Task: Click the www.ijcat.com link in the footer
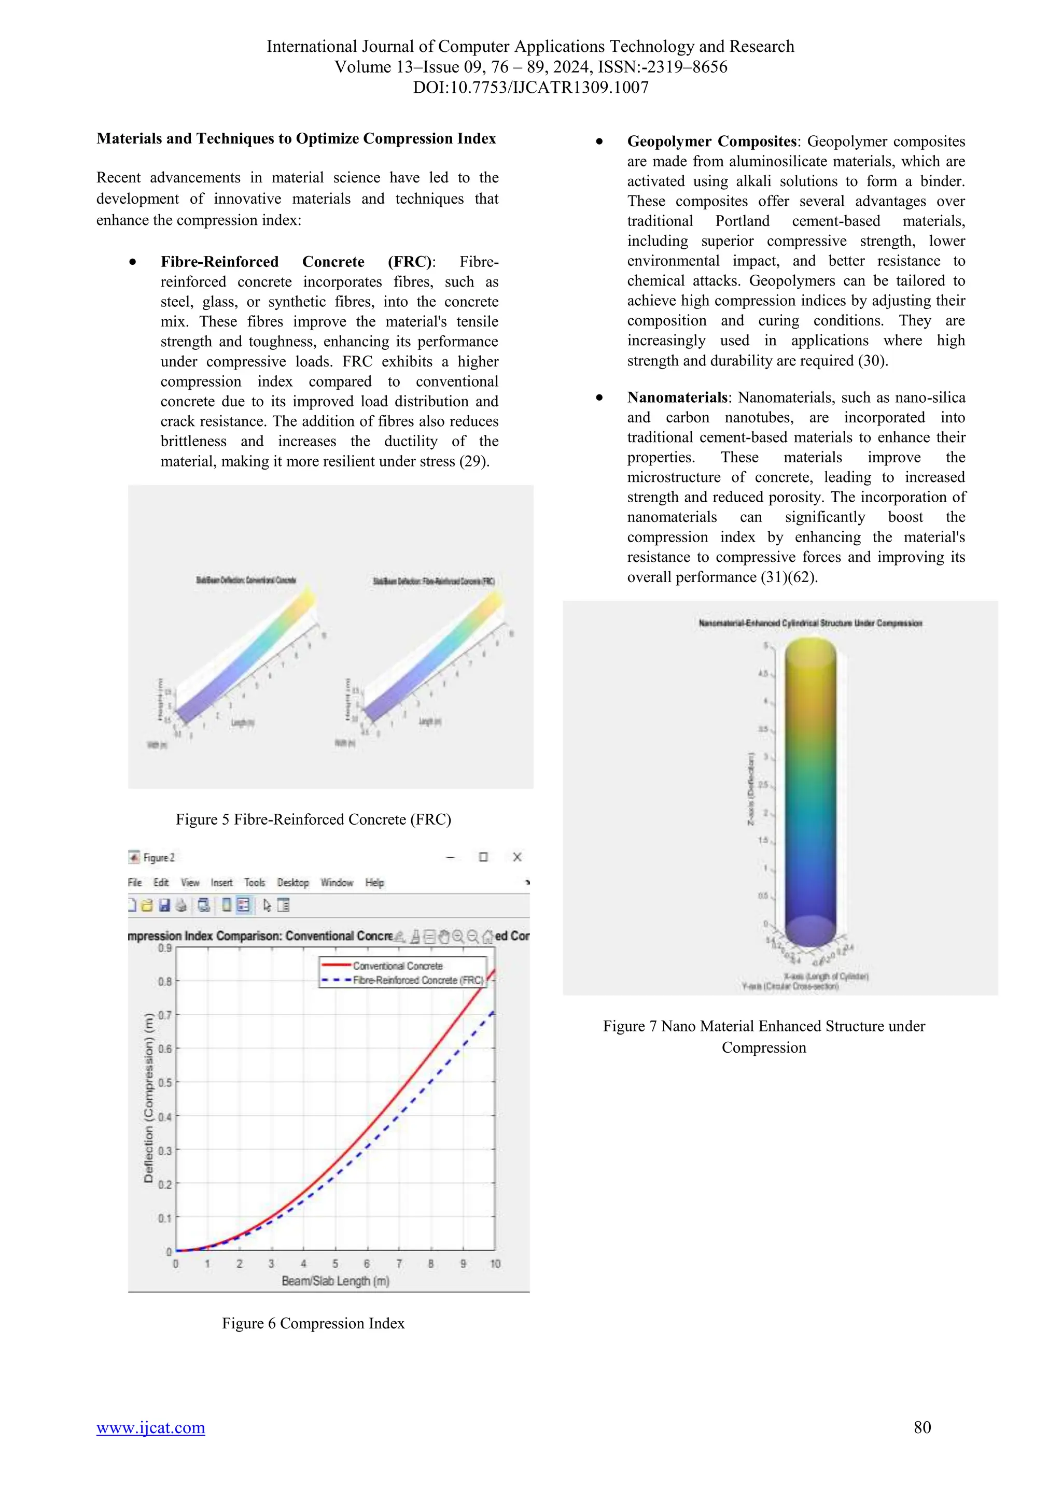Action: (x=150, y=1427)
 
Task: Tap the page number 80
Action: (x=922, y=1427)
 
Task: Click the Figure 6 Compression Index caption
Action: (x=313, y=1323)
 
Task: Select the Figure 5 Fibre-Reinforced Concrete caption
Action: (x=313, y=819)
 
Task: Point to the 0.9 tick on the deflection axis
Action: (x=165, y=948)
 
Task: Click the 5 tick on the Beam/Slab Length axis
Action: (x=335, y=1264)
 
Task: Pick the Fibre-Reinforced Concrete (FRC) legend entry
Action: (x=418, y=980)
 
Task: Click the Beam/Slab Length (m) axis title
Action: (x=336, y=1281)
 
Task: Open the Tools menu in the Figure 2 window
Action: (x=255, y=883)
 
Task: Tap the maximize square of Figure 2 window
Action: (x=483, y=857)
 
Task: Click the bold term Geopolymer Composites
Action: (x=711, y=141)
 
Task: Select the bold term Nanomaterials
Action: (x=677, y=398)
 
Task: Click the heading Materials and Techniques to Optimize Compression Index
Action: (x=296, y=138)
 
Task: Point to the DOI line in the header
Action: (x=530, y=88)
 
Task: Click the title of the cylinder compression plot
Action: (x=810, y=623)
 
